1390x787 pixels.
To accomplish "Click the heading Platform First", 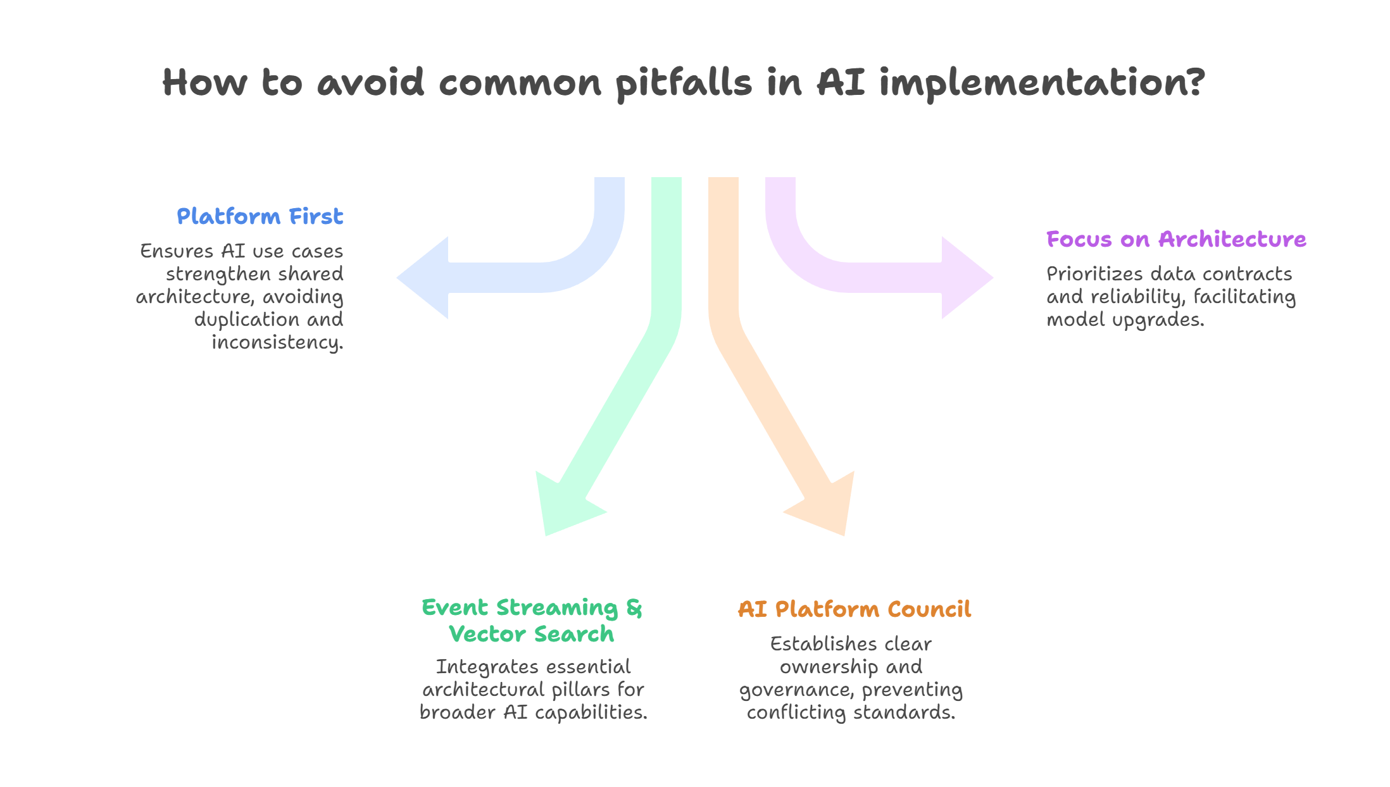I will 260,216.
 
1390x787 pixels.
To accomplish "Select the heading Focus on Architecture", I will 1175,239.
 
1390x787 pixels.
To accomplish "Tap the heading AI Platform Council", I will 854,609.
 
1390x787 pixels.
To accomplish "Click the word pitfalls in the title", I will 684,84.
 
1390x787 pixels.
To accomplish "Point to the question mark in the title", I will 1196,82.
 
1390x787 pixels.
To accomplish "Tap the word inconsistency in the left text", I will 277,342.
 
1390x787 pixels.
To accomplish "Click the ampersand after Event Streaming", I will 634,607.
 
